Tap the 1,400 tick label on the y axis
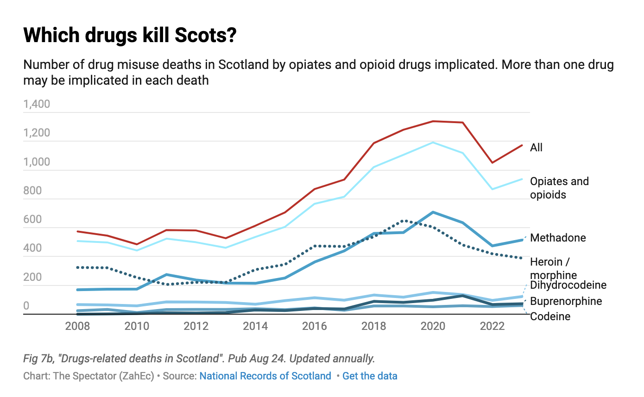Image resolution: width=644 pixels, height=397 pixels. (37, 104)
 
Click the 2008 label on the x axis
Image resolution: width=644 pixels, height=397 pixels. (78, 326)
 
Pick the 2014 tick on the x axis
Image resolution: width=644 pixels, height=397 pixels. (255, 326)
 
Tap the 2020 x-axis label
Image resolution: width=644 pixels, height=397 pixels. (433, 326)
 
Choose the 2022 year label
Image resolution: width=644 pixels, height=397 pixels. (492, 326)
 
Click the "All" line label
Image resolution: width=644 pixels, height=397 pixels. (537, 148)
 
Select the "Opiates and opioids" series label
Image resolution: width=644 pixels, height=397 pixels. (559, 188)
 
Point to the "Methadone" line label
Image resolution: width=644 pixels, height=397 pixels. (558, 238)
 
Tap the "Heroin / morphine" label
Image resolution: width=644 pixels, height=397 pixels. (554, 268)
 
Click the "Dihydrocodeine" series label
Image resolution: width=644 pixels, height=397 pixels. (568, 285)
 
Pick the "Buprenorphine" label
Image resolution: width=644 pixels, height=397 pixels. (566, 301)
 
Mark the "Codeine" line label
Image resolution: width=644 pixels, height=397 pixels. (550, 316)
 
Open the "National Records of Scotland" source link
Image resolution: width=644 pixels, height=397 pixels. (265, 376)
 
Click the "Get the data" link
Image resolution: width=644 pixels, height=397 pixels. (370, 376)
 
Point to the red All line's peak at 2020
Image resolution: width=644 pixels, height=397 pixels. (433, 121)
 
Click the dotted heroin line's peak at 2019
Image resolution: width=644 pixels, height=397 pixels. (403, 221)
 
